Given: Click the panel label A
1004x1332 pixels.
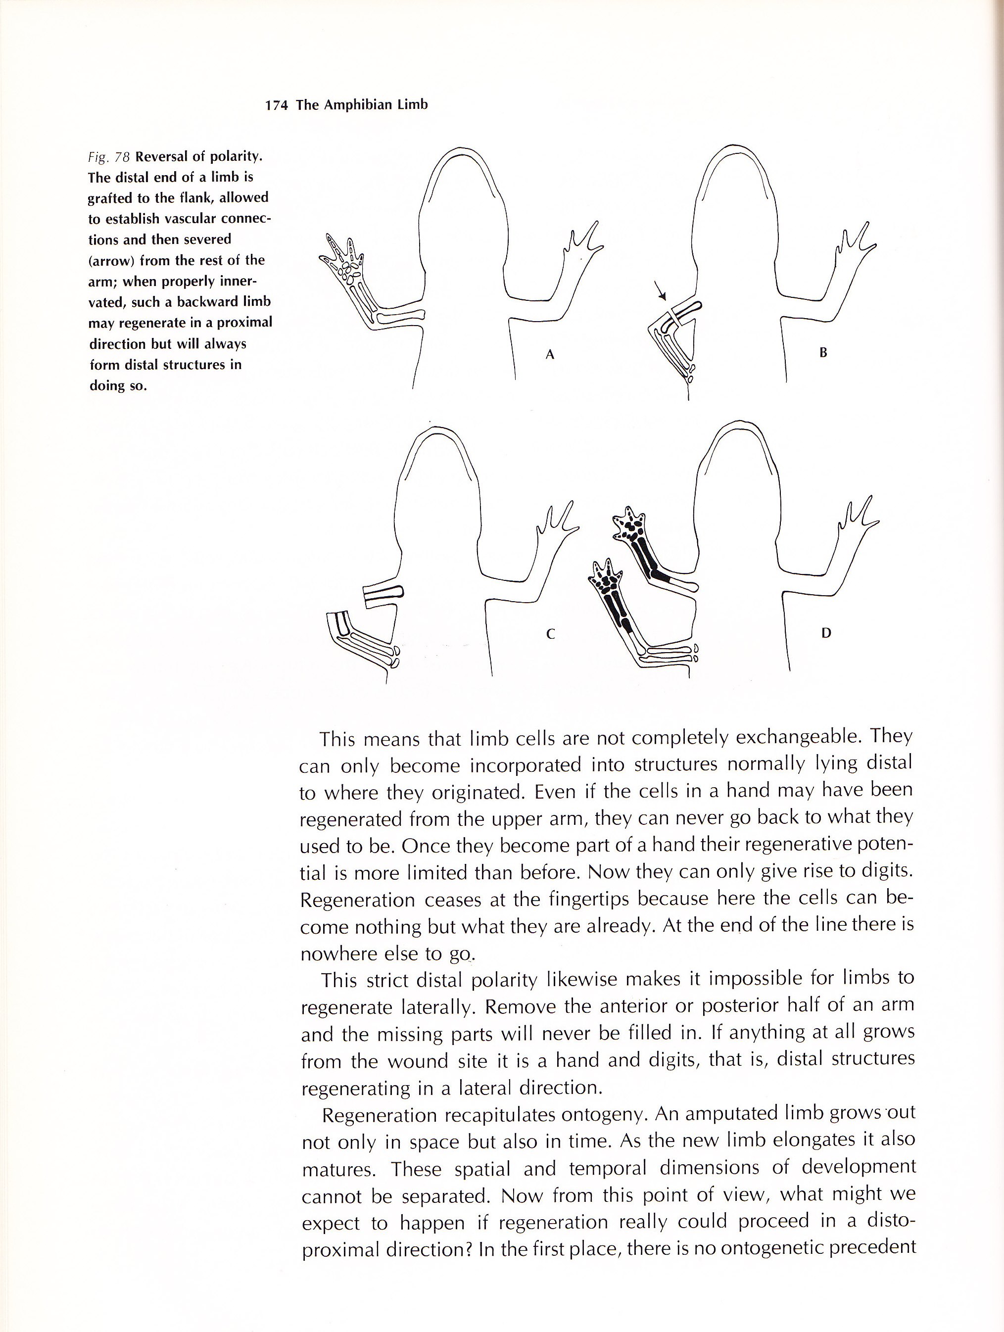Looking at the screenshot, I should pyautogui.click(x=549, y=355).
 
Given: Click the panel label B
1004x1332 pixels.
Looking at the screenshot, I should pyautogui.click(x=823, y=353).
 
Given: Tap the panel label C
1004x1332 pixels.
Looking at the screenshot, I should pyautogui.click(x=549, y=633).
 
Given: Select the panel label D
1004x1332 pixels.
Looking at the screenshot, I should pyautogui.click(x=826, y=632).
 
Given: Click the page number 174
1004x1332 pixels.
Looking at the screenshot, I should pyautogui.click(x=277, y=105).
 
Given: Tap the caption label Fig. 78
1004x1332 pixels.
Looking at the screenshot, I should pyautogui.click(x=109, y=157).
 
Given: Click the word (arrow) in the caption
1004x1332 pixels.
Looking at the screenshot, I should pyautogui.click(x=110, y=260).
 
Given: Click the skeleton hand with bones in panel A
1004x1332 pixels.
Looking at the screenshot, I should pyautogui.click(x=341, y=258).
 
